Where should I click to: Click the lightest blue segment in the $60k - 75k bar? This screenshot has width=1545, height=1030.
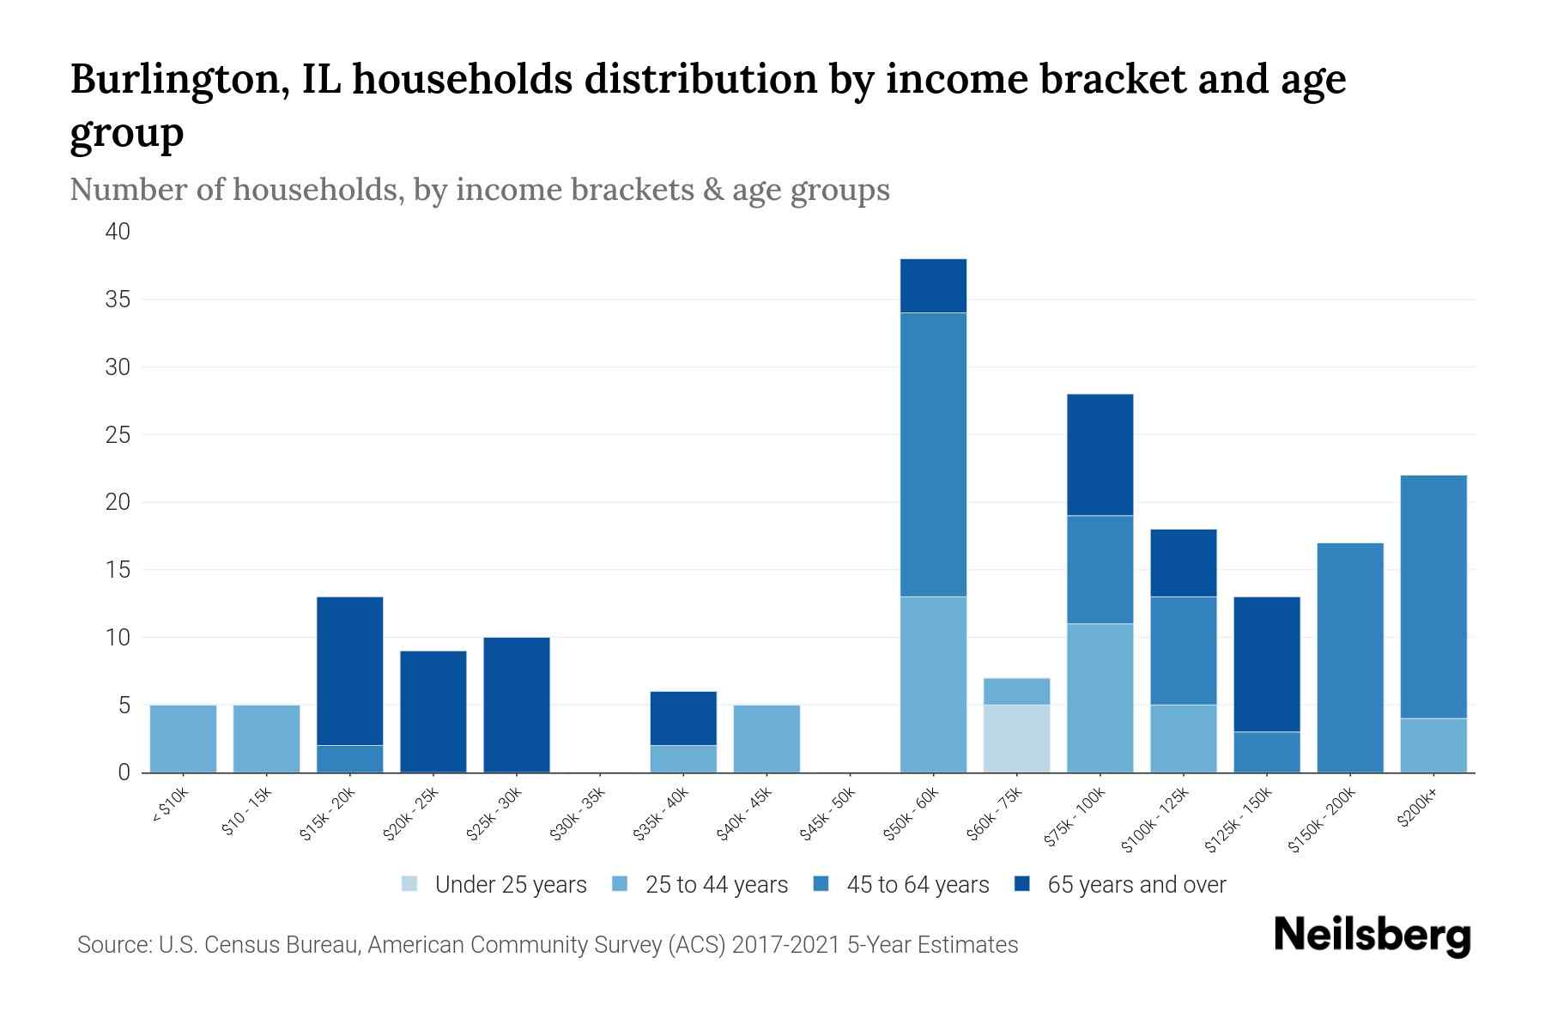point(1016,738)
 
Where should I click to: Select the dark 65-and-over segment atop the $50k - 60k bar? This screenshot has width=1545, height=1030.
point(933,286)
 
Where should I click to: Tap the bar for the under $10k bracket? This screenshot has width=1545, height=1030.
point(183,738)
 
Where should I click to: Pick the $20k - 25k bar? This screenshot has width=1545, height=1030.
point(433,712)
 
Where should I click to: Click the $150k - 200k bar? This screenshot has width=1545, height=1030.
point(1349,657)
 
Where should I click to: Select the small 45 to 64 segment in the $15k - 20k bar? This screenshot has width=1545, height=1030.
point(349,759)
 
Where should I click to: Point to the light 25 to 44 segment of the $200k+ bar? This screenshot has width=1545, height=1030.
point(1433,745)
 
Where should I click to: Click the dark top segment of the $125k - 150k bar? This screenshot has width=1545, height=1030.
point(1266,663)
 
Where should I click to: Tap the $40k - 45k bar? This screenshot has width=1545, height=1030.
point(766,738)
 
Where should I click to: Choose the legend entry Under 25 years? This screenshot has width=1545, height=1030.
point(494,885)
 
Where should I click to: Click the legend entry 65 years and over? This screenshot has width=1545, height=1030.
point(1120,885)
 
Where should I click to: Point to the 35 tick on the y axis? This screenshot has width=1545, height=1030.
point(118,300)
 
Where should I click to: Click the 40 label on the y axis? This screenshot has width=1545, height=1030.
point(118,232)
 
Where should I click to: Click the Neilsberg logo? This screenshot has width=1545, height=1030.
point(1372,936)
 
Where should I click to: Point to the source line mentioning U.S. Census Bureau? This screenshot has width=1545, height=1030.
point(548,945)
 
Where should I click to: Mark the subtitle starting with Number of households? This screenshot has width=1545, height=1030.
point(479,190)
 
